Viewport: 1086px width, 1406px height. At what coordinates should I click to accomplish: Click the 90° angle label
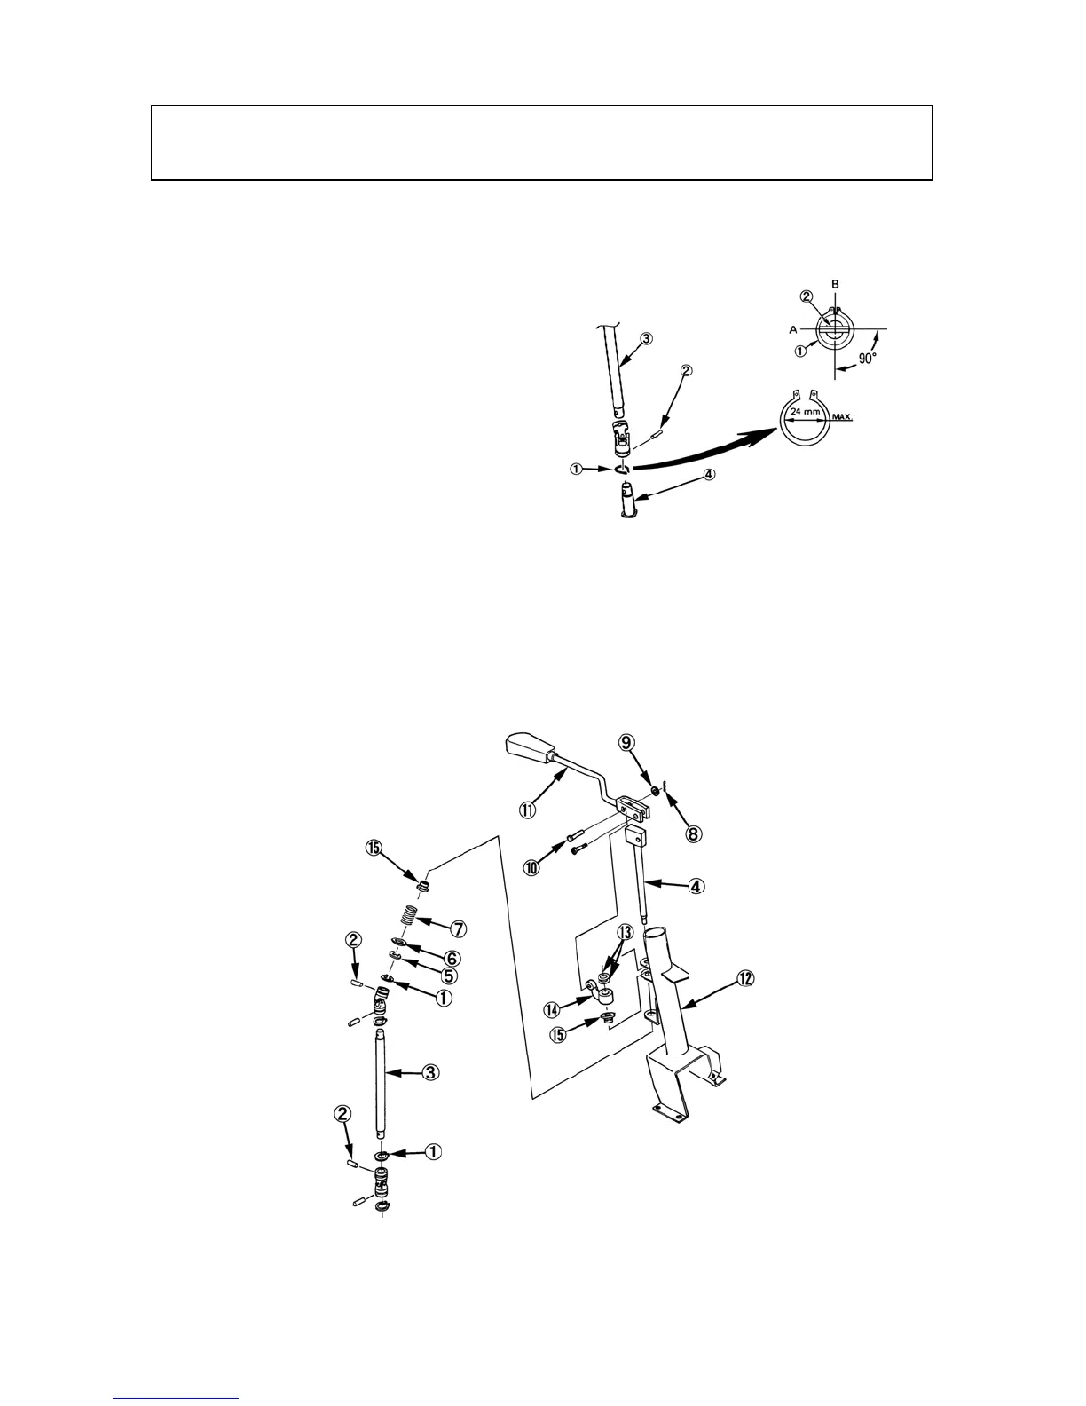tap(867, 359)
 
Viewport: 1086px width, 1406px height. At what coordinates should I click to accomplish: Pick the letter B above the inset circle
tap(835, 284)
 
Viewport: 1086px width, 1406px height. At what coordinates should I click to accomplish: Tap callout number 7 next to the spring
tap(459, 928)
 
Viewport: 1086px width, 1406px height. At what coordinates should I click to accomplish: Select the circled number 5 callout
tap(448, 976)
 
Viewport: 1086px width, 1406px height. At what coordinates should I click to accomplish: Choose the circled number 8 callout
tap(693, 833)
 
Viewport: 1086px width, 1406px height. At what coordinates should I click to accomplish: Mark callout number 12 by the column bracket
tap(745, 979)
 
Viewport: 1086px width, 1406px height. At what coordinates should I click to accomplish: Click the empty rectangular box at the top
tap(541, 143)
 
